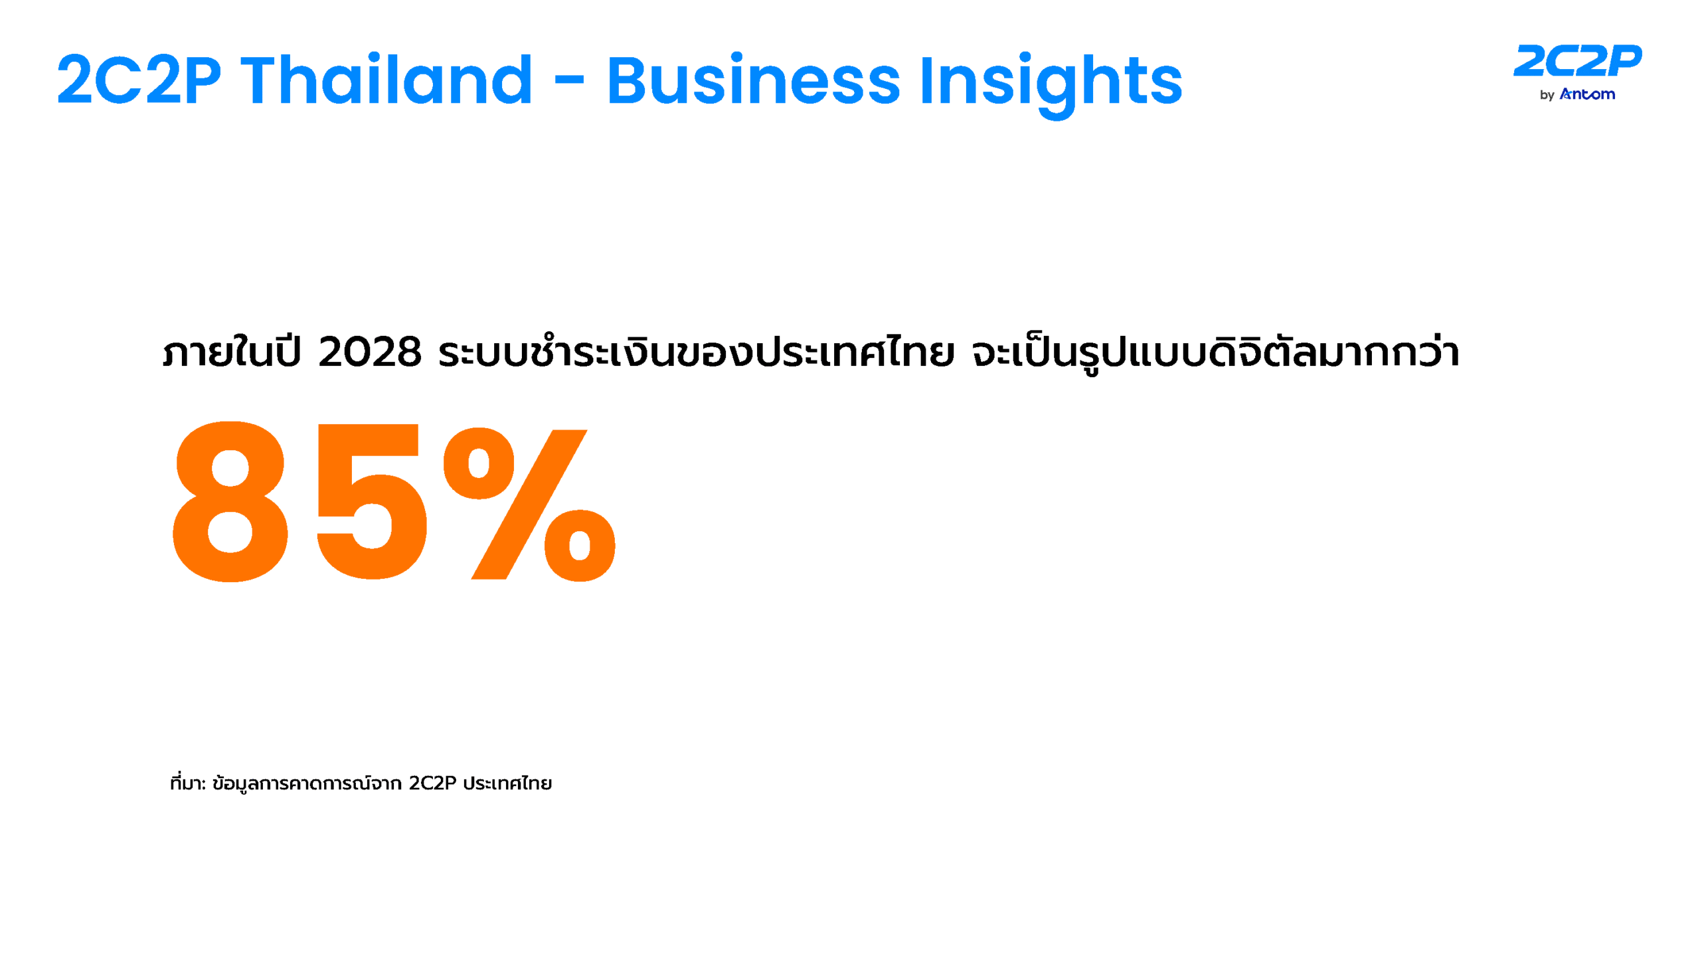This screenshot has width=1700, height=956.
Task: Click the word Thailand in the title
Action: (x=386, y=80)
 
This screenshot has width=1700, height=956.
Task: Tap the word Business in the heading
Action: (x=753, y=80)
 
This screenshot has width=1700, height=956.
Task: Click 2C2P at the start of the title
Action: (x=139, y=80)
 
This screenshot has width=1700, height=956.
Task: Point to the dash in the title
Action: (x=569, y=80)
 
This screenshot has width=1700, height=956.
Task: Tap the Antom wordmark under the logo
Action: (x=1587, y=94)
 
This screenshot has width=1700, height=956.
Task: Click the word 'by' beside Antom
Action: (x=1547, y=96)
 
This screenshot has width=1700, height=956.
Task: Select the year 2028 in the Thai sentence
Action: (x=370, y=352)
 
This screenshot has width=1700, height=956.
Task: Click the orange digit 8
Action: (x=230, y=502)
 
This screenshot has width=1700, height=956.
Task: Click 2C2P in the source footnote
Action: (x=432, y=783)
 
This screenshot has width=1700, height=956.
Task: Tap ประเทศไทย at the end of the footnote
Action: (x=507, y=783)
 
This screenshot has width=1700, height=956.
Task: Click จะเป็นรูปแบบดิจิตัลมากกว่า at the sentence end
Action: (x=1215, y=352)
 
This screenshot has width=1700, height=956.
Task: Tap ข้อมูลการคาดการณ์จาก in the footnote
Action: (x=307, y=783)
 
